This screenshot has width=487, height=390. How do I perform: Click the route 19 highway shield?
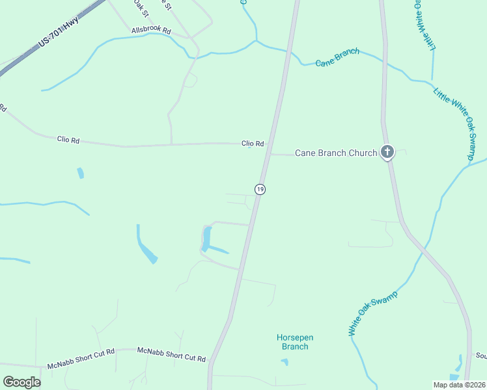260,189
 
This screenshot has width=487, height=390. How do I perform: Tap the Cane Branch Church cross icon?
387,153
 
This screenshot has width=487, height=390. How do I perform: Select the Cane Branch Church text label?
336,153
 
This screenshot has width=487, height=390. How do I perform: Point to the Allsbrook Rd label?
150,31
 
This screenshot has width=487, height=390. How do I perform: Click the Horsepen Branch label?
295,342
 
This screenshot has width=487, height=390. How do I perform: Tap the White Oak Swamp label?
372,313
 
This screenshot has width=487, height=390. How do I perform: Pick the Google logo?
22,382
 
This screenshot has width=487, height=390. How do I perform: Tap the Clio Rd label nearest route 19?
253,144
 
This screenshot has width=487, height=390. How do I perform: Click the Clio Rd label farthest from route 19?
68,138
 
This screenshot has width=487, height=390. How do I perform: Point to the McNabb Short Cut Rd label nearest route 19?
171,354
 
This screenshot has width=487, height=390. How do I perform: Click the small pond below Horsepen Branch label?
285,361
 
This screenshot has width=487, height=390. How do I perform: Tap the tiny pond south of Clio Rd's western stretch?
80,173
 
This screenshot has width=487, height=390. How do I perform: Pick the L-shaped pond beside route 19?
207,240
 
